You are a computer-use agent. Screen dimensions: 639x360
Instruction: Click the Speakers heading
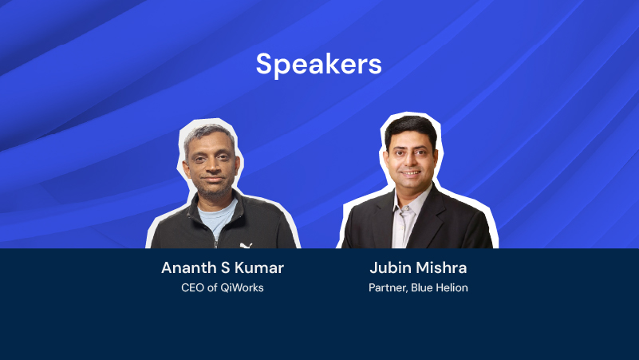[318, 64]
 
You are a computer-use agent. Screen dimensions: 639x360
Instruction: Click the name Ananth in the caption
[189, 268]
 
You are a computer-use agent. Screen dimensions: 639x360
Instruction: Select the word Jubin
[390, 268]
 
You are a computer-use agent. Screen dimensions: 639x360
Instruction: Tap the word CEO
[192, 288]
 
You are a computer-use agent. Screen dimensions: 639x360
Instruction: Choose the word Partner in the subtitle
[388, 288]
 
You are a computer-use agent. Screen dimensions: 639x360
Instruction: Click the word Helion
[452, 288]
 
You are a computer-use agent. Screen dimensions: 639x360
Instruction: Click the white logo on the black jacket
[246, 245]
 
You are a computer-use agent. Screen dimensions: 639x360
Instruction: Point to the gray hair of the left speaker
[208, 135]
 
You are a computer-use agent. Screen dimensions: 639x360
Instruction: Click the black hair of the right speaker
[411, 127]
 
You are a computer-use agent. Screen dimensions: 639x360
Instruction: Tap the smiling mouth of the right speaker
[411, 173]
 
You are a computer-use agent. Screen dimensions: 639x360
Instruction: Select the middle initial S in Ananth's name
[225, 268]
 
